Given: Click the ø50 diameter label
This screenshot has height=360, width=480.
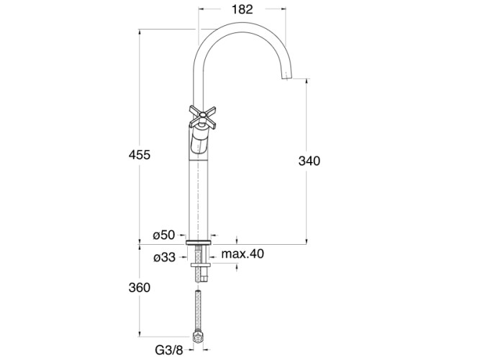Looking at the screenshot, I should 164,235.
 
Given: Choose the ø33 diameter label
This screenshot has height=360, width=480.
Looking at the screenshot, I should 164,256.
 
